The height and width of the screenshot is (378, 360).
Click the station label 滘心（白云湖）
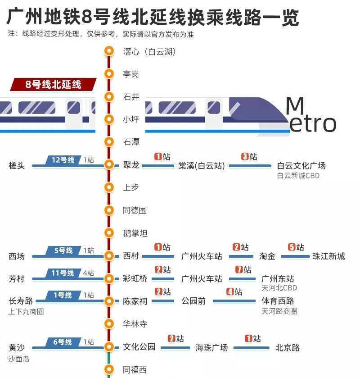149,52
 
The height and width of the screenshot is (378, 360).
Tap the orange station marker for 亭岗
108,74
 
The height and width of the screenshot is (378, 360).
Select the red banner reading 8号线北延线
54,84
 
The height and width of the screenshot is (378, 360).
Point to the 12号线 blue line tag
63,160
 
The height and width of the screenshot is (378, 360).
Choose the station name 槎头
17,166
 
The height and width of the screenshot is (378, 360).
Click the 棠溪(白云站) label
201,166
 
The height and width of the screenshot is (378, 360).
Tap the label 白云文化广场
301,165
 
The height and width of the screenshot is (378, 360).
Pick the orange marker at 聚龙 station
108,165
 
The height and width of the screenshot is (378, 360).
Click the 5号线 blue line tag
63,250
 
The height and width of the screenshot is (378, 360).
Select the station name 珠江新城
328,256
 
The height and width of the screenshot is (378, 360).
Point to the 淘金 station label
267,256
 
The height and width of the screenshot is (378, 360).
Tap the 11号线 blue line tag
63,273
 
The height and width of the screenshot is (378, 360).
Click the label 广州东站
278,279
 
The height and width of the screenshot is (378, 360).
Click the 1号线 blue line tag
63,296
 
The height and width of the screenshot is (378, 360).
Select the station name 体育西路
278,301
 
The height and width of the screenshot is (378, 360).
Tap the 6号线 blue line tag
63,342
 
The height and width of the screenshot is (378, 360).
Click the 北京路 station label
288,348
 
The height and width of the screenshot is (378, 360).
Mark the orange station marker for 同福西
108,370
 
